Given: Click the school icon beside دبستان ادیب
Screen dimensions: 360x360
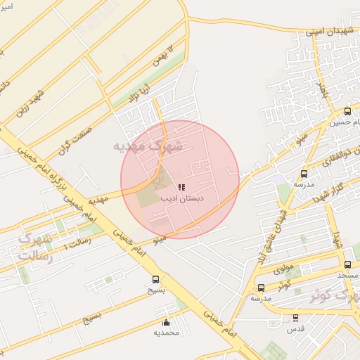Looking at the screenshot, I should click(x=181, y=188).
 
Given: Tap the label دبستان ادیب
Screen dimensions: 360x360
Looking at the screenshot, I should click(x=182, y=200).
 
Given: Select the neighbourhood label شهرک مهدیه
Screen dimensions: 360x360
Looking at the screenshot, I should click(x=148, y=146).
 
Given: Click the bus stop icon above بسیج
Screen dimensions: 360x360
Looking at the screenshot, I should click(x=155, y=279).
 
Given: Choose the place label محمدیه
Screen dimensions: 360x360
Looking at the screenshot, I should click(x=166, y=333).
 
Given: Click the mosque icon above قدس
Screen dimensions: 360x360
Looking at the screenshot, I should click(x=295, y=318).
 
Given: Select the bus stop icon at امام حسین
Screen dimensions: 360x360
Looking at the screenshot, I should click(x=347, y=111).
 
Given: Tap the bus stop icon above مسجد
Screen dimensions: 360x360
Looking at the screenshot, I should click(x=347, y=264).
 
